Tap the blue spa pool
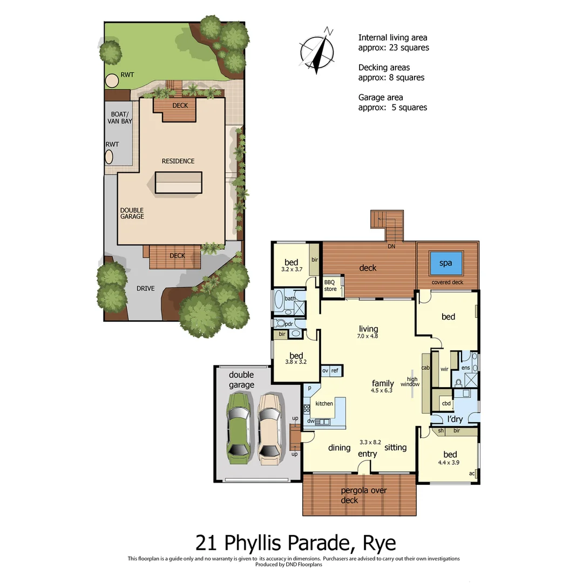[446, 263]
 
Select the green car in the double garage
[239, 428]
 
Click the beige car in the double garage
[269, 428]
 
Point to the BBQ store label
[330, 286]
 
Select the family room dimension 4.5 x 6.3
[382, 390]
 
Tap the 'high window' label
[410, 381]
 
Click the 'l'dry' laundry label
[455, 419]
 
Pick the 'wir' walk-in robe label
[445, 370]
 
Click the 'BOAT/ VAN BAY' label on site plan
[120, 118]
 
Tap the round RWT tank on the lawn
[112, 81]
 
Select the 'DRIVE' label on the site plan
[145, 288]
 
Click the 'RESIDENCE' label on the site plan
[178, 161]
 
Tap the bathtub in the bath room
[279, 301]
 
